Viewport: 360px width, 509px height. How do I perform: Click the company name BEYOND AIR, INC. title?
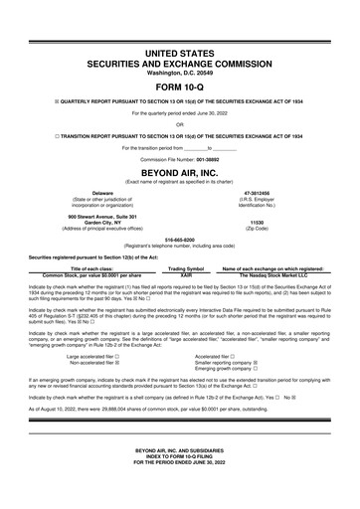(x=180, y=170)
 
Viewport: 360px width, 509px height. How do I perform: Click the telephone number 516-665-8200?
(x=179, y=240)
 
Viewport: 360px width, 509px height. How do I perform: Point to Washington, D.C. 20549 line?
(x=180, y=73)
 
